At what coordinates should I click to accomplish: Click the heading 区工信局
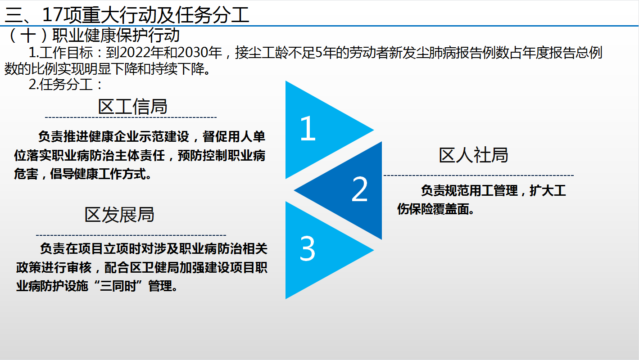tap(133, 107)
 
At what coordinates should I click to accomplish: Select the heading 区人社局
tap(474, 155)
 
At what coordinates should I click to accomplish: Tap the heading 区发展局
tap(119, 215)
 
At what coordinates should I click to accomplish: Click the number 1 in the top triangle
tap(308, 128)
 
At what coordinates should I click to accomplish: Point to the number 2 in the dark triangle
tap(360, 189)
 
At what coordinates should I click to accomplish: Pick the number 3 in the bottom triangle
tap(308, 248)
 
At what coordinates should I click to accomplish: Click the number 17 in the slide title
tap(53, 14)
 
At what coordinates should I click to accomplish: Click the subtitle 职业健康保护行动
tap(116, 36)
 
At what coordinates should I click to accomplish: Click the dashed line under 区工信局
tap(131, 117)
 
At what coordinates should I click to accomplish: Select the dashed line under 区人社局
tap(479, 175)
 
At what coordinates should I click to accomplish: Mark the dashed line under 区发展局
tap(131, 235)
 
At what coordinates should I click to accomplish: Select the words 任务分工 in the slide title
tap(212, 14)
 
